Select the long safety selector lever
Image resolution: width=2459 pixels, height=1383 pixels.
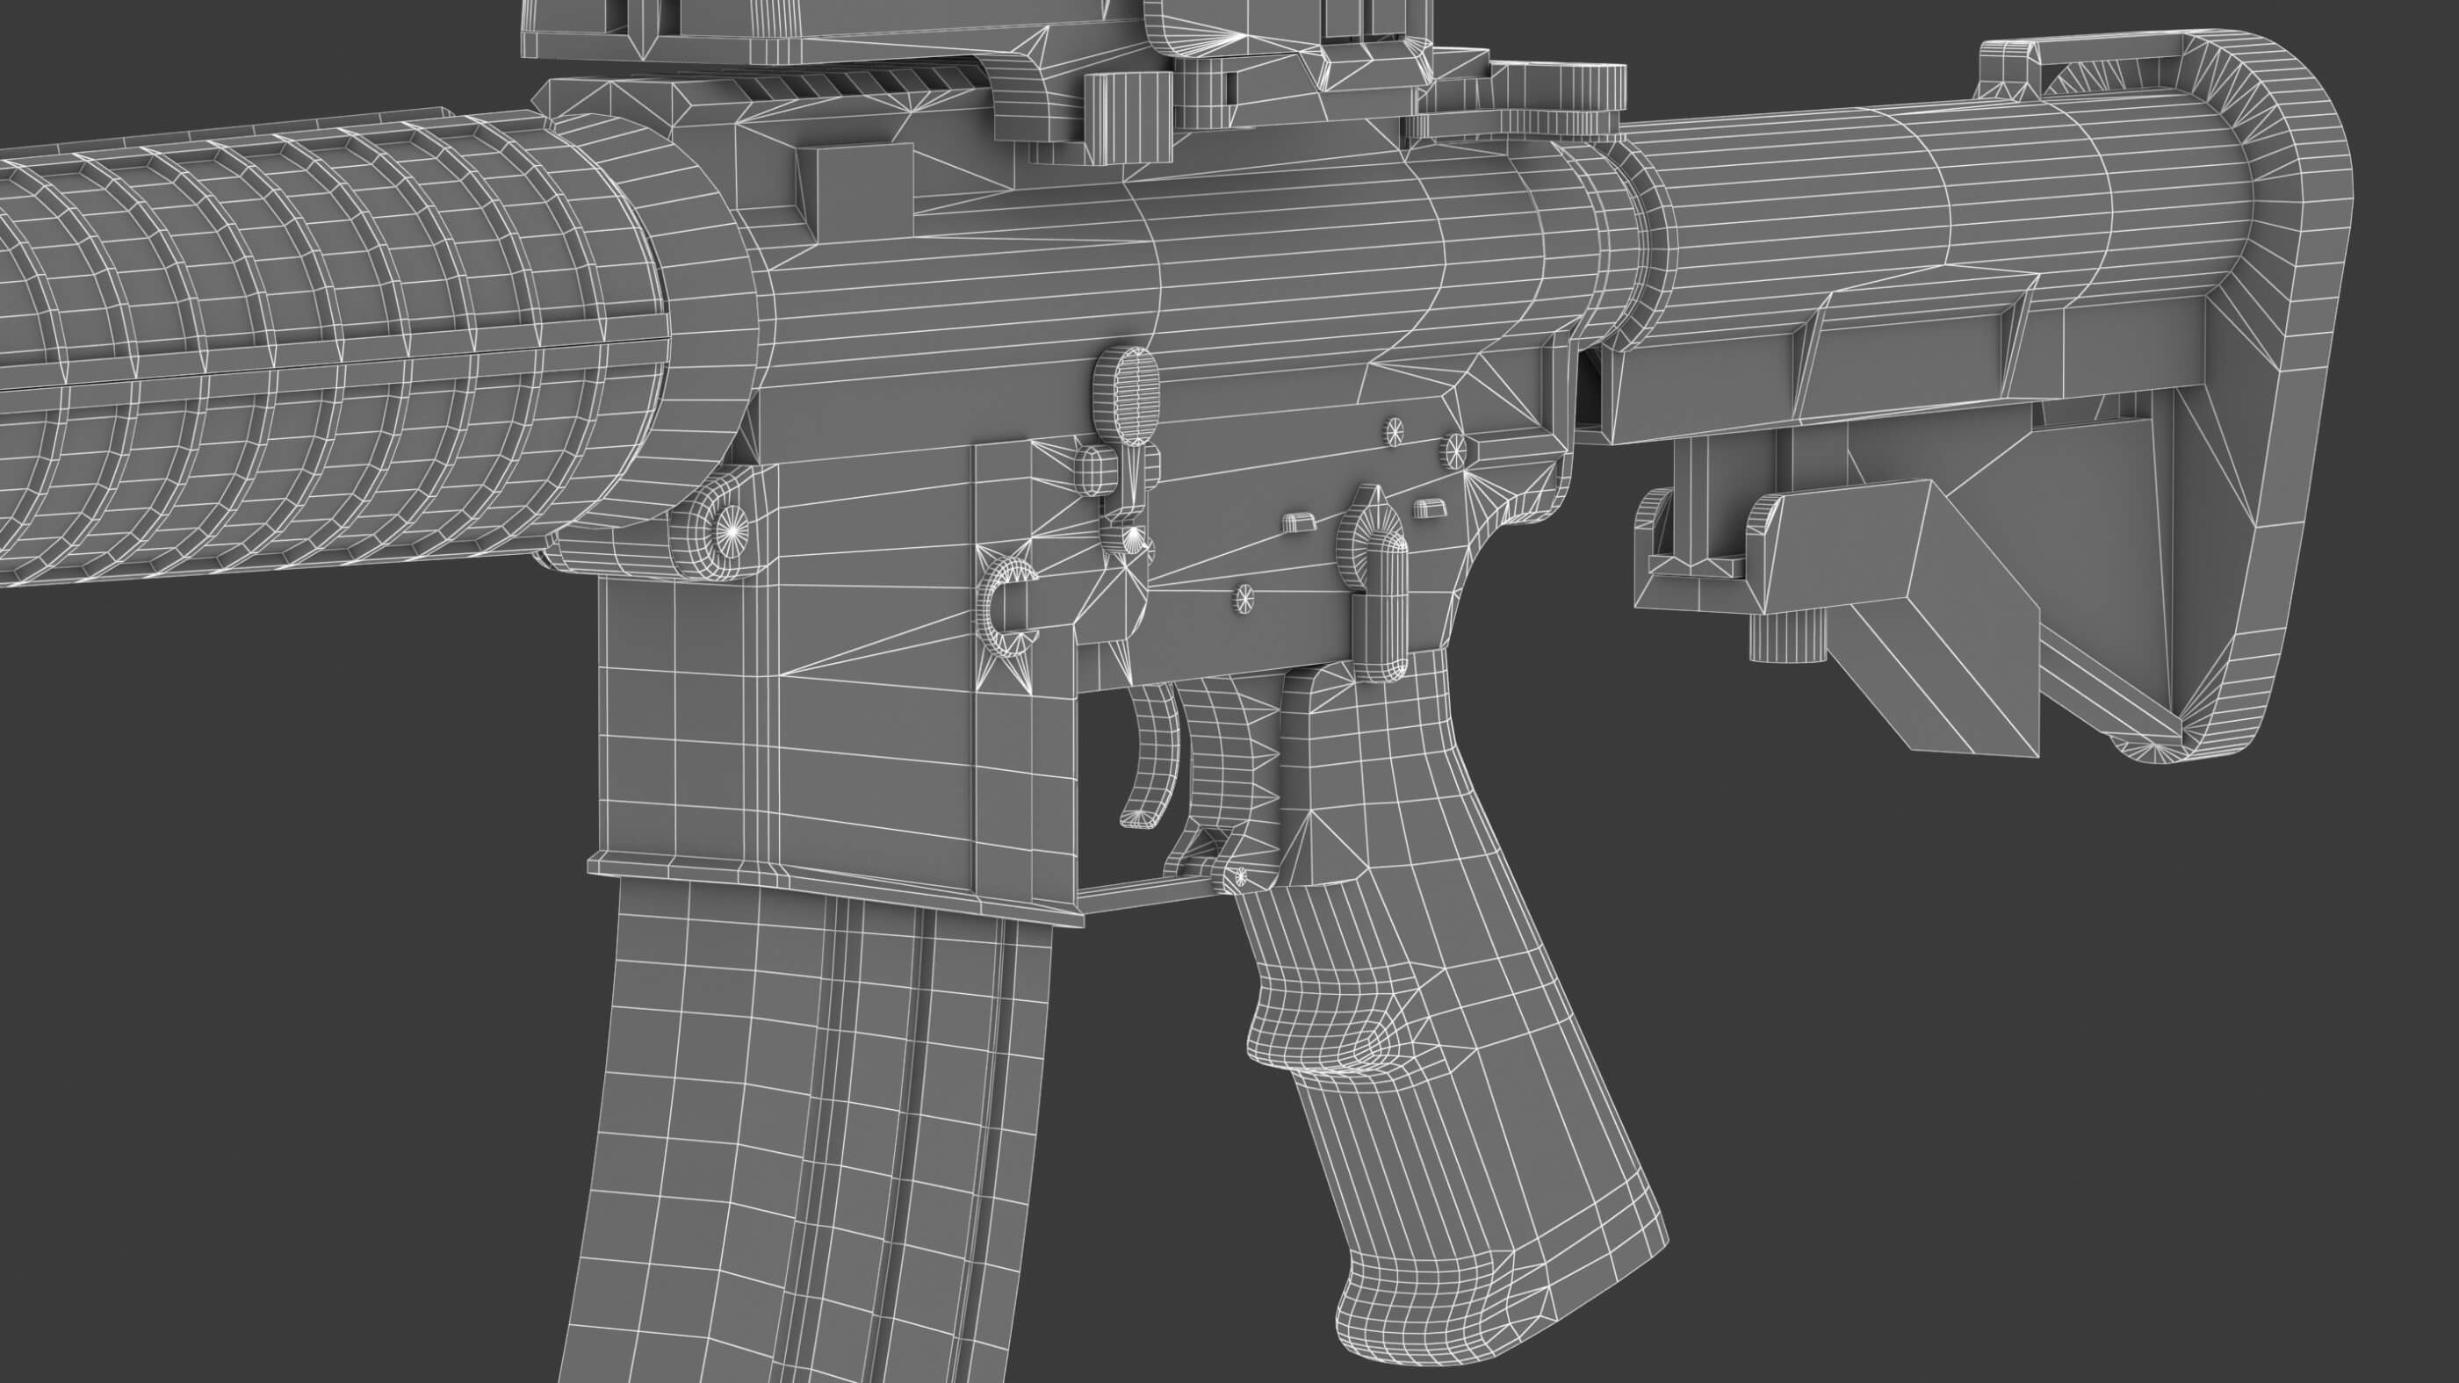1381,611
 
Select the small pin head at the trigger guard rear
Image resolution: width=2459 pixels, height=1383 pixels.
1242,875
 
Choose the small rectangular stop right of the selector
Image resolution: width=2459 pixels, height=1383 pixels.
1429,506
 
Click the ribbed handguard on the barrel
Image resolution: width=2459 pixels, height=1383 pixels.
286,353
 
